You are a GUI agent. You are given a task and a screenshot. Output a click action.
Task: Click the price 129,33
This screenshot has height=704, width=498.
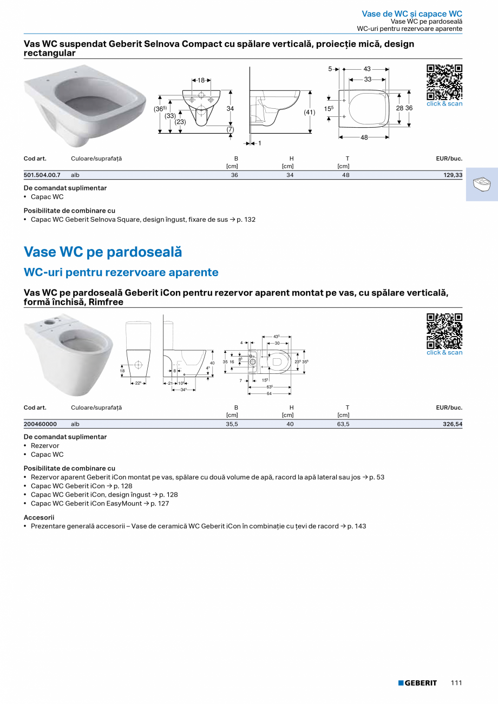453,175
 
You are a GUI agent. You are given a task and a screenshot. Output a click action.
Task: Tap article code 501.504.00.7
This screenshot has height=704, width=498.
42,175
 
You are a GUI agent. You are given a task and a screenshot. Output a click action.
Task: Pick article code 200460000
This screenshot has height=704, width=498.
40,424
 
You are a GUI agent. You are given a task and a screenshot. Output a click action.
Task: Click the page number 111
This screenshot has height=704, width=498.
456,683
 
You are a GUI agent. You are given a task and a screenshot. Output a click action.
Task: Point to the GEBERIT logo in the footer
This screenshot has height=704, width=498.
417,683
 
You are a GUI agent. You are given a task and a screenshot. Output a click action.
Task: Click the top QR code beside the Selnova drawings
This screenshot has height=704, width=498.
444,82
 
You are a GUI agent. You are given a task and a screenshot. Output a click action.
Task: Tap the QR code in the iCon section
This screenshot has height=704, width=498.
444,331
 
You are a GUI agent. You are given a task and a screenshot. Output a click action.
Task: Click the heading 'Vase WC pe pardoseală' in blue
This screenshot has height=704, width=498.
103,252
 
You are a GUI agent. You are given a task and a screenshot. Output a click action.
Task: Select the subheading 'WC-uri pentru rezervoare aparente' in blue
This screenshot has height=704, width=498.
121,272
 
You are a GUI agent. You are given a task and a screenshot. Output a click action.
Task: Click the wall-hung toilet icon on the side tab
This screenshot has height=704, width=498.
481,185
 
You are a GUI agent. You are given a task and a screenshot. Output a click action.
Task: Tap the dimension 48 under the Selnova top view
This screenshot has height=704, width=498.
364,137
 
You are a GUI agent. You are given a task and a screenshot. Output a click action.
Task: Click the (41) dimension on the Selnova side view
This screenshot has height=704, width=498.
309,113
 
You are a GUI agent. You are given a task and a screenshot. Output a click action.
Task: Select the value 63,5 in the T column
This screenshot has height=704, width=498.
343,424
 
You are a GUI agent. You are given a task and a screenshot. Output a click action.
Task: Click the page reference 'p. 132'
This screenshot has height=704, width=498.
246,220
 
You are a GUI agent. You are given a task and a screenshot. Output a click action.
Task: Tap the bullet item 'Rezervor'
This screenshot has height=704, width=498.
45,446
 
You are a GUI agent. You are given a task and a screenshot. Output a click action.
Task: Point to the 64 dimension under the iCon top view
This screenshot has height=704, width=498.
269,393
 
